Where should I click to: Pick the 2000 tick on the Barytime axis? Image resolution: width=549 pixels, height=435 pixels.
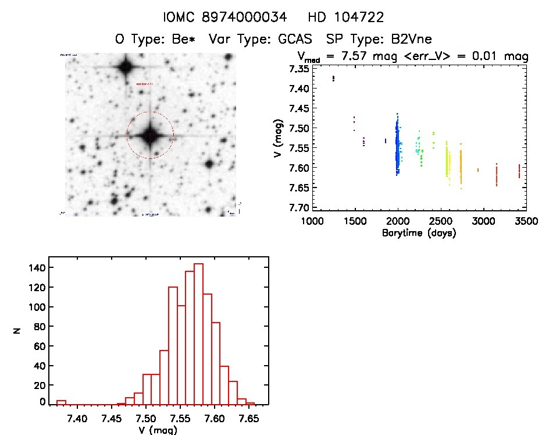(398, 221)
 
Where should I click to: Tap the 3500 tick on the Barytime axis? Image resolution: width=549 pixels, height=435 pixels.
(526, 221)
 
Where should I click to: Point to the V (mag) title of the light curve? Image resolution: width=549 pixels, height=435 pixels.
(277, 138)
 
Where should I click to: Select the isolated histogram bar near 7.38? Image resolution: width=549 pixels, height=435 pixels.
(61, 402)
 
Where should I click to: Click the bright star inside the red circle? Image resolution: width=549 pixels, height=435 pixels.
(150, 135)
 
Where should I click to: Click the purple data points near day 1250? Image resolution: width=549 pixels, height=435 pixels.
(333, 78)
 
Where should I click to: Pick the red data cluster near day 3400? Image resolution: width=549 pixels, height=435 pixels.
(519, 171)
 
